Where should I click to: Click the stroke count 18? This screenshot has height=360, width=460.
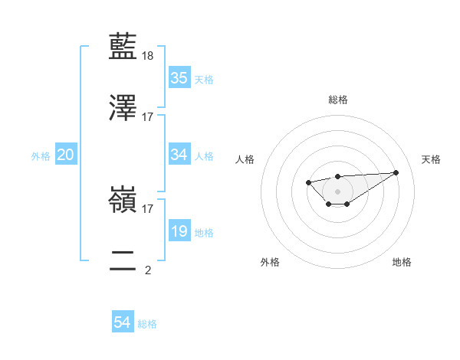point(149,56)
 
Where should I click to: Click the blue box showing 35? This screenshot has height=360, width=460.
point(179,78)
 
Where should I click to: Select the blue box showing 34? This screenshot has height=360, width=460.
point(179,155)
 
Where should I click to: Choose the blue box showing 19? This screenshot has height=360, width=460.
point(179,231)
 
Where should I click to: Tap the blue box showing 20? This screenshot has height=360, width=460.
point(66,155)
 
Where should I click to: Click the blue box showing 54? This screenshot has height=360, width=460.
point(123,323)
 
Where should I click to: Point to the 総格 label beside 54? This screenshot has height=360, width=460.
point(147,324)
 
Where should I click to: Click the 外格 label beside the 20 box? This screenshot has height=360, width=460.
point(41,155)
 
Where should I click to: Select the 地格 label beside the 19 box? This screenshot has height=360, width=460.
point(204,232)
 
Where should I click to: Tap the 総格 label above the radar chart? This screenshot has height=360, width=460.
point(337,100)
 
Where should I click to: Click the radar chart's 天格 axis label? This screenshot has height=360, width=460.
point(431,159)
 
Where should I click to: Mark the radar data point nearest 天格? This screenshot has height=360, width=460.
point(396,172)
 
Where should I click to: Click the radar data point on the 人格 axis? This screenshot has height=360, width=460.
point(307,182)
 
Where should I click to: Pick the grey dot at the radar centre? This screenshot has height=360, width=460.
point(337,191)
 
